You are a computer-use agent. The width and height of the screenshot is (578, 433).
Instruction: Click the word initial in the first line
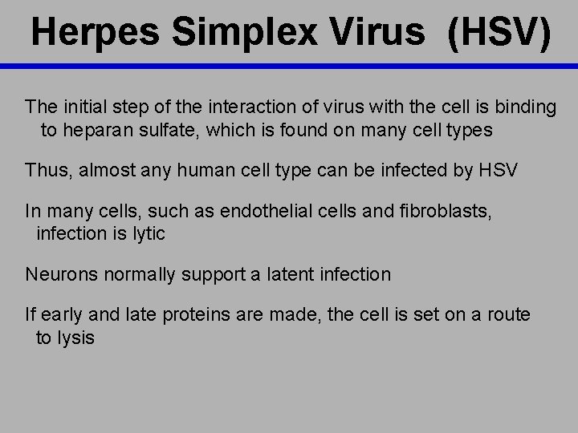tap(82, 107)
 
